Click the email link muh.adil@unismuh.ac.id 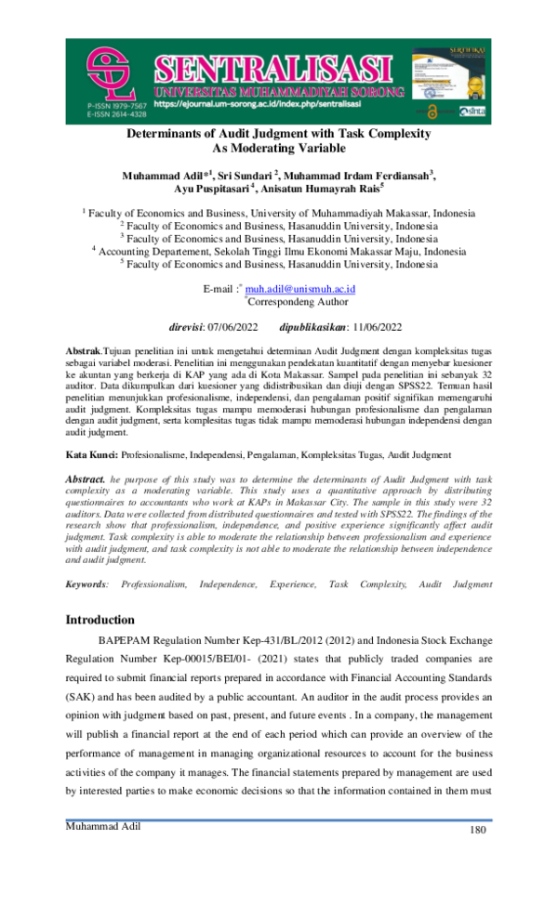[x=305, y=289]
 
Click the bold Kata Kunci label [x=91, y=455]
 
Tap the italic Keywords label [x=86, y=584]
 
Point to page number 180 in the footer [x=478, y=831]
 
